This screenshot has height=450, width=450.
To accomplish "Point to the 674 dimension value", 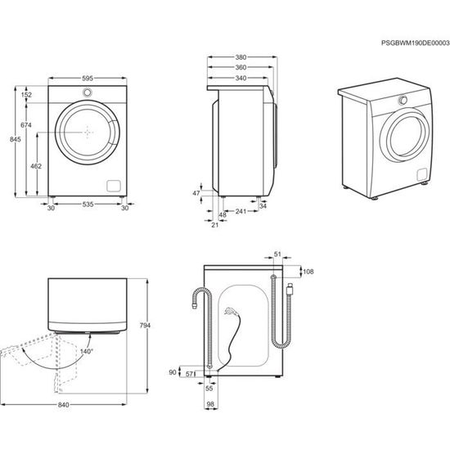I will tap(26, 124).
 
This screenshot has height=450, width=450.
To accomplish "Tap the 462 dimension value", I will tap(36, 166).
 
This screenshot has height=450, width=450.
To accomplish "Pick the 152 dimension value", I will tap(27, 96).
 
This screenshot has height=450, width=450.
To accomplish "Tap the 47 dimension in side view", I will tap(196, 193).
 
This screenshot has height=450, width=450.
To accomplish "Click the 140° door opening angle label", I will tap(87, 352).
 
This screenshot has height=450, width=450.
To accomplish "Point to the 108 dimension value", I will tap(308, 269).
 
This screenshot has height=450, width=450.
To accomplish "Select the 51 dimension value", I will tap(277, 254).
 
